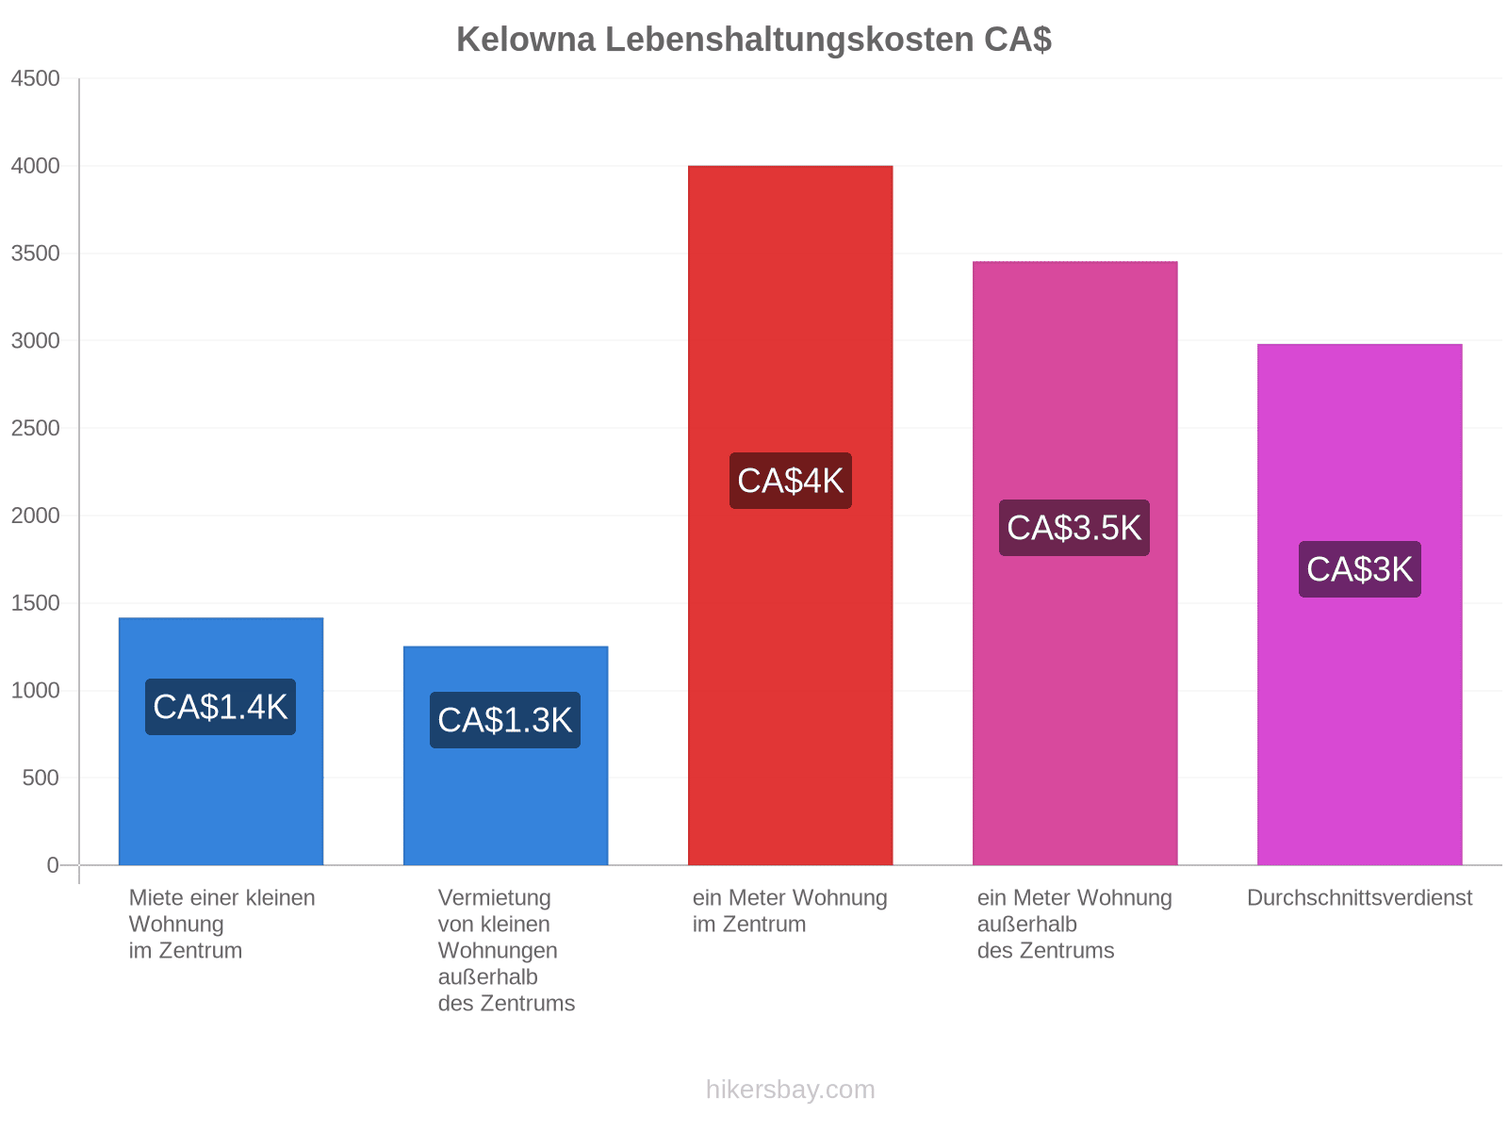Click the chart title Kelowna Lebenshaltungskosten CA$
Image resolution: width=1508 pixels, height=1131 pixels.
click(x=754, y=40)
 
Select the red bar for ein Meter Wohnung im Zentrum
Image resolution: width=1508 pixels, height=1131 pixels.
click(x=790, y=515)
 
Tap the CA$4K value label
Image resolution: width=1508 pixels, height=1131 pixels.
click(x=790, y=480)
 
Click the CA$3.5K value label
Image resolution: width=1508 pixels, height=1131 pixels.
click(x=1074, y=528)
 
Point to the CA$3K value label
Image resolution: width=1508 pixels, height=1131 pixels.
click(x=1359, y=568)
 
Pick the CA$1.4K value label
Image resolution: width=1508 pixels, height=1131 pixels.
click(x=221, y=707)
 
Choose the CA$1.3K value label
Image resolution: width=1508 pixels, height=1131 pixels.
click(x=505, y=720)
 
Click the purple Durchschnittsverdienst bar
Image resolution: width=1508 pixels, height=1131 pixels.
click(x=1359, y=604)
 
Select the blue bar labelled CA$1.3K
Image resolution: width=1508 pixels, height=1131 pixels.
click(x=505, y=755)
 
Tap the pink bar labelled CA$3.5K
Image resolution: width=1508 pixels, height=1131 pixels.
click(x=1074, y=563)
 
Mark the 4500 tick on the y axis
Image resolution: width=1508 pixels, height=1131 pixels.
click(x=35, y=78)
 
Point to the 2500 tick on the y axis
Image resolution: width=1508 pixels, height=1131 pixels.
click(x=35, y=428)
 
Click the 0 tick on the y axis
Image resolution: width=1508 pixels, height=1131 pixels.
click(x=52, y=864)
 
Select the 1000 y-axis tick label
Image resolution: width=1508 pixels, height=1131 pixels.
click(x=35, y=690)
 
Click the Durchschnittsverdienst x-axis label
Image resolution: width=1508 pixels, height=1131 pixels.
click(x=1359, y=897)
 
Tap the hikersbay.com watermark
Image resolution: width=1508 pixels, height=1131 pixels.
click(x=790, y=1090)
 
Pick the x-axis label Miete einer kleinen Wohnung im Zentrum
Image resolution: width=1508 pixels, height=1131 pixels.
click(x=221, y=924)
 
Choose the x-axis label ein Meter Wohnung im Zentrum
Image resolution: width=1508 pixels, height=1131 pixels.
click(x=790, y=910)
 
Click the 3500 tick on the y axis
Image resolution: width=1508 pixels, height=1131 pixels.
click(x=35, y=254)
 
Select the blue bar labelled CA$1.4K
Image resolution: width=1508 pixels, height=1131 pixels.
click(x=221, y=741)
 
